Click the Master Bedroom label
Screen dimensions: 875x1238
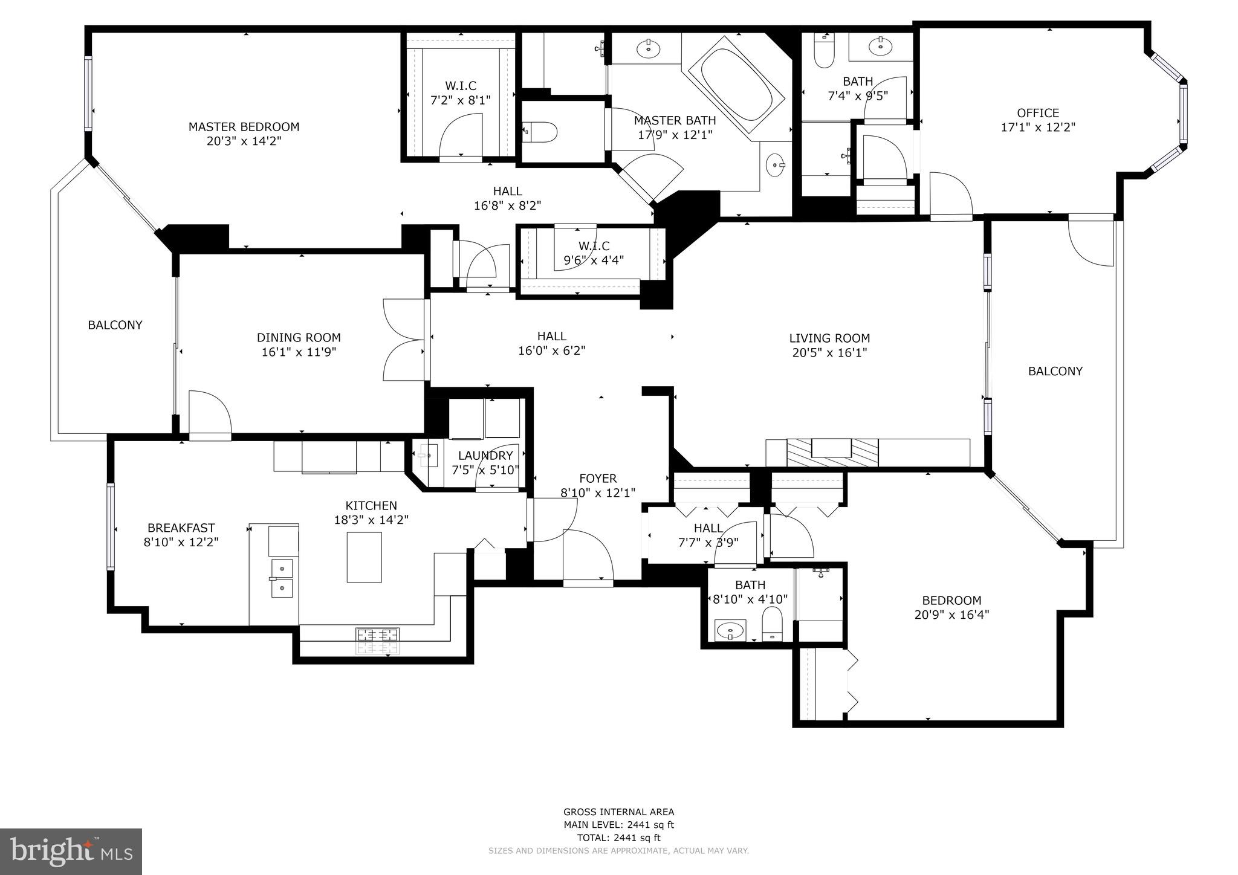[244, 127]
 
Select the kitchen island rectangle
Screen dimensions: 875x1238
[364, 557]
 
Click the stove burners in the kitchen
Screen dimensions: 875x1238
[378, 641]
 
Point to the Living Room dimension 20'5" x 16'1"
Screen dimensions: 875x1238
[829, 352]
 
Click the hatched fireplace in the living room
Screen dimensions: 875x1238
[832, 453]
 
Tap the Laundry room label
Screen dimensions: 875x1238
[485, 456]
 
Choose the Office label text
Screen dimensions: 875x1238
[1037, 113]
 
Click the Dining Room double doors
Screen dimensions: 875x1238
[404, 340]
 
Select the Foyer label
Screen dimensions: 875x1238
[597, 479]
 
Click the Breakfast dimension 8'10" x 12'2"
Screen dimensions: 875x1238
[181, 542]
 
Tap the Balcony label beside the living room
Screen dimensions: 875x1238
[1055, 371]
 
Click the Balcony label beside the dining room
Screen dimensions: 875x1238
[115, 325]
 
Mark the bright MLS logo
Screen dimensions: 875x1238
[71, 851]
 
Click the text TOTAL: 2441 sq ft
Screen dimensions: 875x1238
[618, 838]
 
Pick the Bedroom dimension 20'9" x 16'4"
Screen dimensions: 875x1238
[951, 615]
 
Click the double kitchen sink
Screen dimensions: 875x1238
[282, 578]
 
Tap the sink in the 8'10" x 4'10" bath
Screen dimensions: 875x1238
[730, 631]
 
